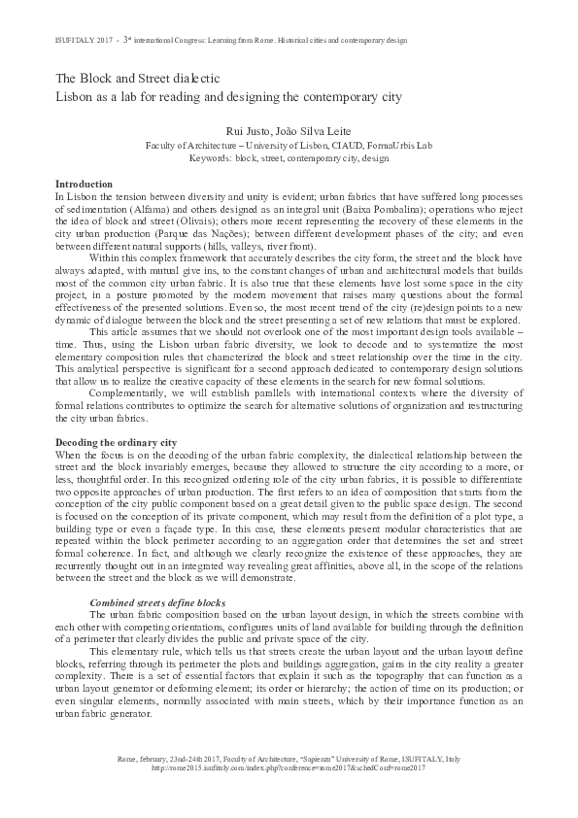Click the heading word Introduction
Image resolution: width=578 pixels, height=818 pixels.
click(85, 185)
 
